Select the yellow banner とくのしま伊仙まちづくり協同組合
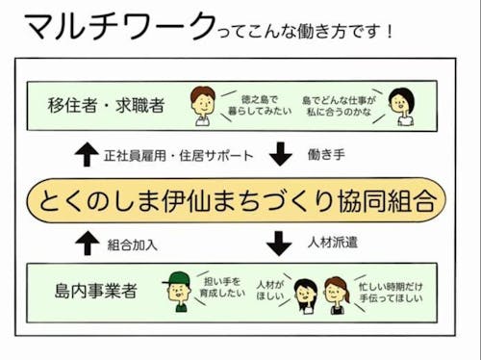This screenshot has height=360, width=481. pyautogui.click(x=237, y=199)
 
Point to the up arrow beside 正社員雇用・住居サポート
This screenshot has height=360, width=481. pyautogui.click(x=86, y=154)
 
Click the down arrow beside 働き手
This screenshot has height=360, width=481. pyautogui.click(x=280, y=154)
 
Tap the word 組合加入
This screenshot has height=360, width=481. pyautogui.click(x=135, y=244)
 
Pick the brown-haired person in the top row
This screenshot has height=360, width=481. pyautogui.click(x=202, y=105)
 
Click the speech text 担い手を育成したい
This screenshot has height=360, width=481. pyautogui.click(x=218, y=289)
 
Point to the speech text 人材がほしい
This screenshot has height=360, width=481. pyautogui.click(x=268, y=289)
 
